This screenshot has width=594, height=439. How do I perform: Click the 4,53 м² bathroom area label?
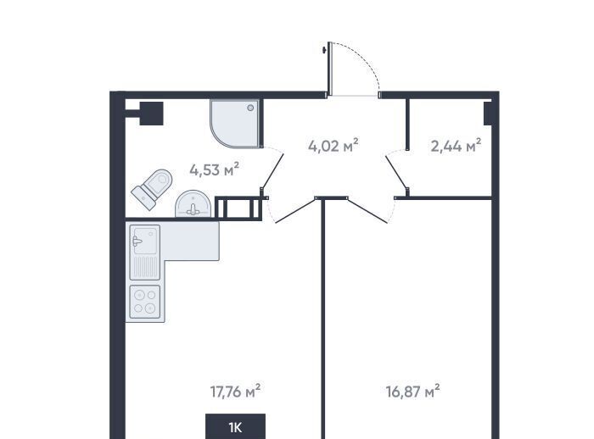click(215, 169)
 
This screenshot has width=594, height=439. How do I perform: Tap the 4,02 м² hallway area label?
click(333, 146)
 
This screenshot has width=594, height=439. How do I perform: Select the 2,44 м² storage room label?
click(456, 146)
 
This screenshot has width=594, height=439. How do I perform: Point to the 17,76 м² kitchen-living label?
click(235, 392)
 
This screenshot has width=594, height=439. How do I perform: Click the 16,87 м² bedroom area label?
click(412, 392)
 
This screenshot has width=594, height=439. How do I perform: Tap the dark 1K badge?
click(235, 426)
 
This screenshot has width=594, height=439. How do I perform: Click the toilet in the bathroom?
click(152, 189)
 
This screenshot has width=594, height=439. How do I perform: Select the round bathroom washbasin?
click(193, 204)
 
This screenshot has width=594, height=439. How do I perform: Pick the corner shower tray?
click(235, 124)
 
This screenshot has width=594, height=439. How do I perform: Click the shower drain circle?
click(250, 108)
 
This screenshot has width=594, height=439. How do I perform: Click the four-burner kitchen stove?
click(145, 302)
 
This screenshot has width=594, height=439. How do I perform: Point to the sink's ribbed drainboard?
click(145, 267)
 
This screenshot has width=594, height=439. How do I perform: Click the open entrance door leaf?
click(329, 69)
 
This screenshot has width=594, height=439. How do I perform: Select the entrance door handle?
click(324, 49)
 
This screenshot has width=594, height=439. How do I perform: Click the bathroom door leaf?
click(272, 171)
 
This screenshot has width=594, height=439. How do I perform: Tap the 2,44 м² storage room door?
click(396, 173)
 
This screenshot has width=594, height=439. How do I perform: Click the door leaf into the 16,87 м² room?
click(367, 210)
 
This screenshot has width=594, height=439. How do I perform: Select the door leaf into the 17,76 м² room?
click(295, 210)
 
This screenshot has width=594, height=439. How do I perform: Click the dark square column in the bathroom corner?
click(152, 114)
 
